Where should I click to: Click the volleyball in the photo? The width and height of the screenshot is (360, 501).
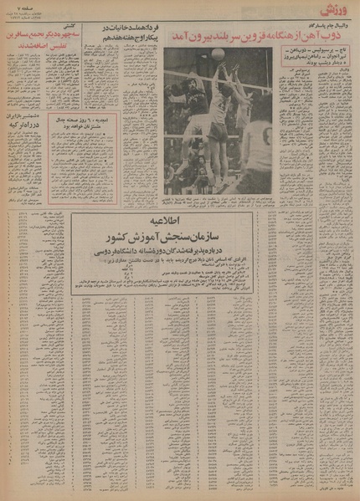pos(218,54)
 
